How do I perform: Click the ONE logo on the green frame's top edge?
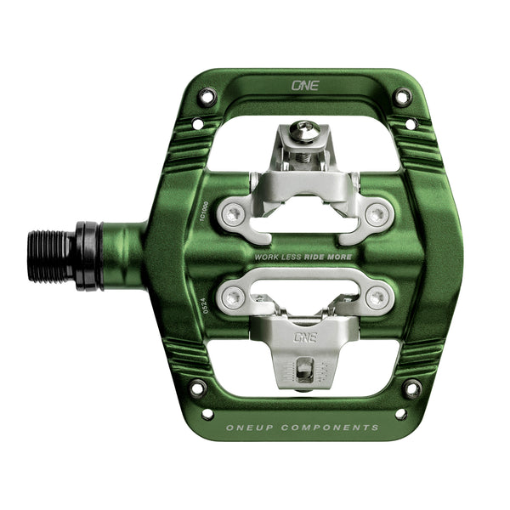303,85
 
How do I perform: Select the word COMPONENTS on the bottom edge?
334,427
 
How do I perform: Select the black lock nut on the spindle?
88,256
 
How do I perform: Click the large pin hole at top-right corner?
402,97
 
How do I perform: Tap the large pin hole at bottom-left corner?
197,388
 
